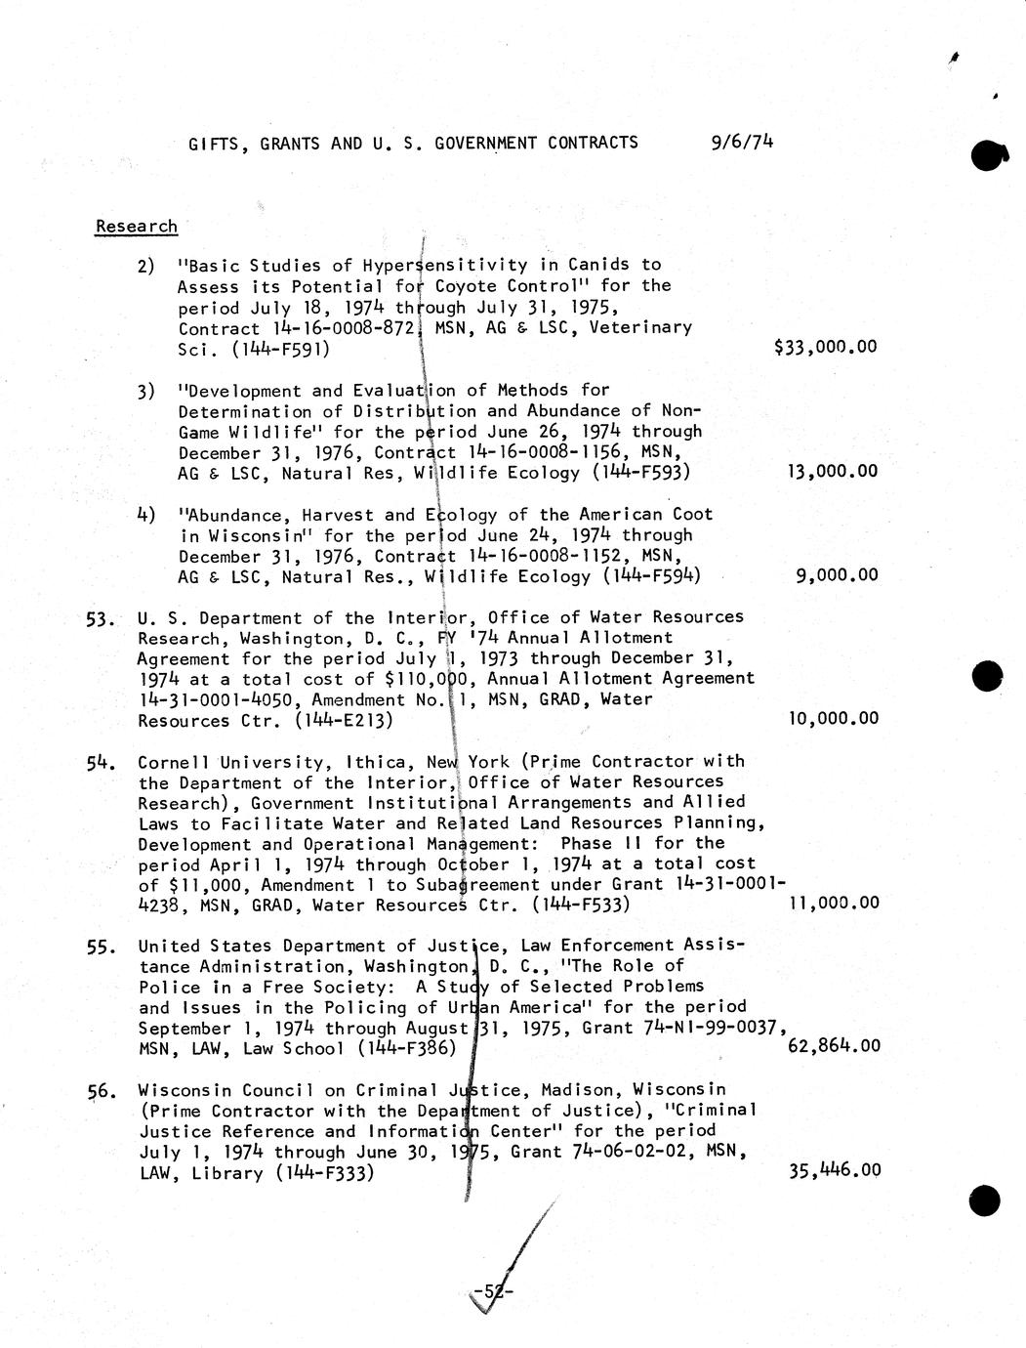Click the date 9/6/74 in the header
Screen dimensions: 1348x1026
[743, 142]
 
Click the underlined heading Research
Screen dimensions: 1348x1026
[136, 226]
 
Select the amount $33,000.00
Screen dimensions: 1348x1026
[824, 346]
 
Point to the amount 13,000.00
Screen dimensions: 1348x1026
[832, 471]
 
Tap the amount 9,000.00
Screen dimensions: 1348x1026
[837, 574]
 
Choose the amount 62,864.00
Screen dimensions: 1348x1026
[833, 1046]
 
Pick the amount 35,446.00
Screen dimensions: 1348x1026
[834, 1170]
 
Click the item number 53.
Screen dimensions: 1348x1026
[102, 618]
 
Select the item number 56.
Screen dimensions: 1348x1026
[102, 1091]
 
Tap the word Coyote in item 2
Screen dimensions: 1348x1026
[466, 286]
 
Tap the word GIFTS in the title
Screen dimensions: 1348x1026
[211, 144]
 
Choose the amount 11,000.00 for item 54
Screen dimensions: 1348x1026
[833, 903]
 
